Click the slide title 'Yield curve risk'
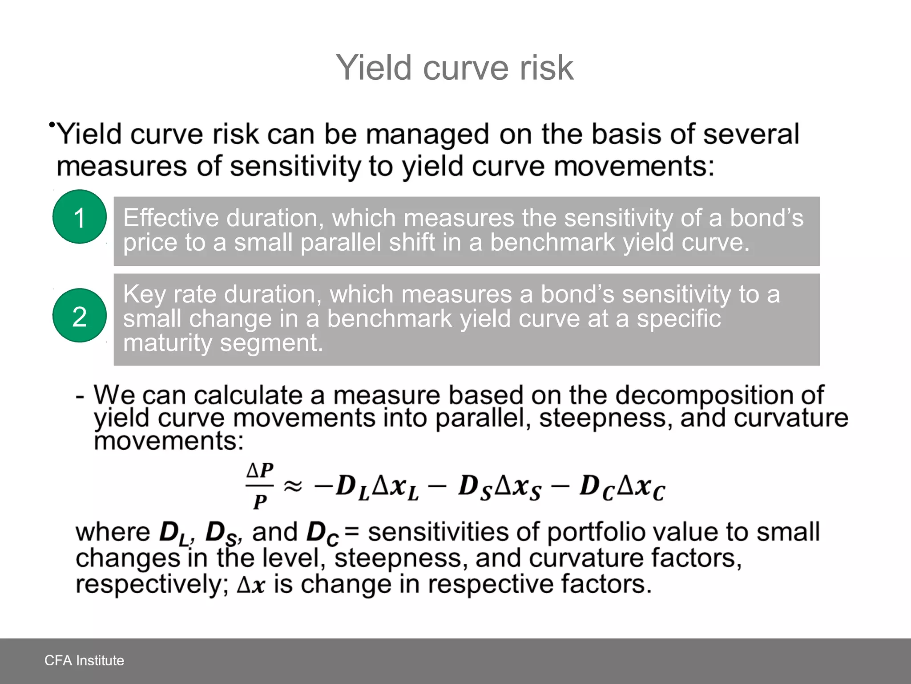455,68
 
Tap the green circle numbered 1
80,217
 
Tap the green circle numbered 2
80,316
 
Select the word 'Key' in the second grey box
145,294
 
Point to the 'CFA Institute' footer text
84,660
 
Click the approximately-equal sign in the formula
293,486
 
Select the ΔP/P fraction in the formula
260,486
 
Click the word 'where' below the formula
113,532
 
